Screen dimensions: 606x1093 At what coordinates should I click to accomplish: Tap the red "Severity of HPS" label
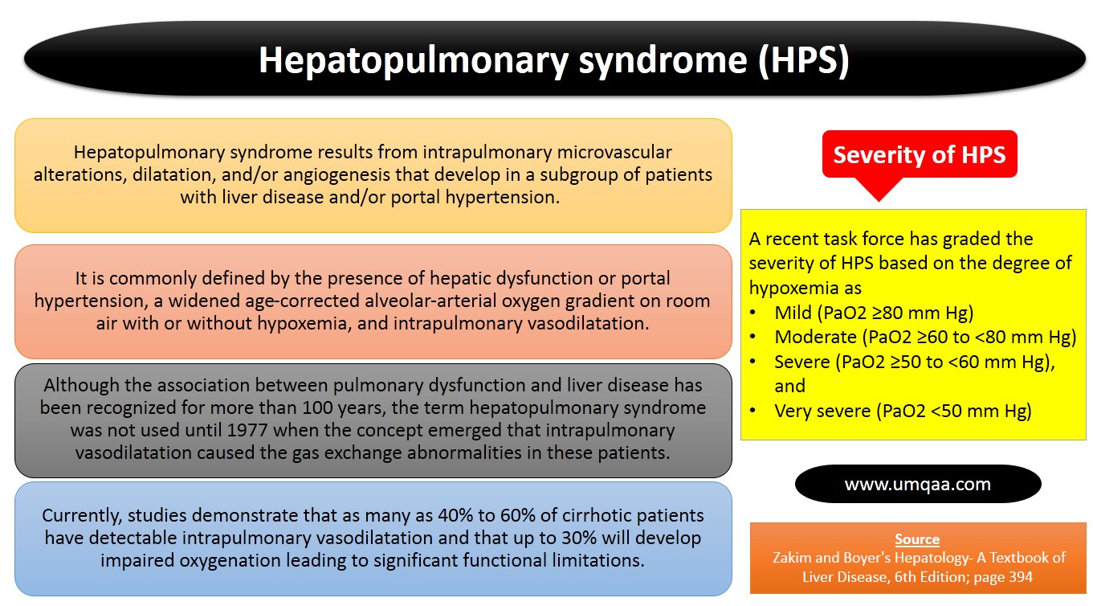coord(919,154)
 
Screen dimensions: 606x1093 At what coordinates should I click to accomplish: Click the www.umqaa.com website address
coord(917,485)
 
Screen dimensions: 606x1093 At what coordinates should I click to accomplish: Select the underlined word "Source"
coord(917,540)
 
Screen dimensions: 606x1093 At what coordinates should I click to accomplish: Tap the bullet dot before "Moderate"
coord(752,338)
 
